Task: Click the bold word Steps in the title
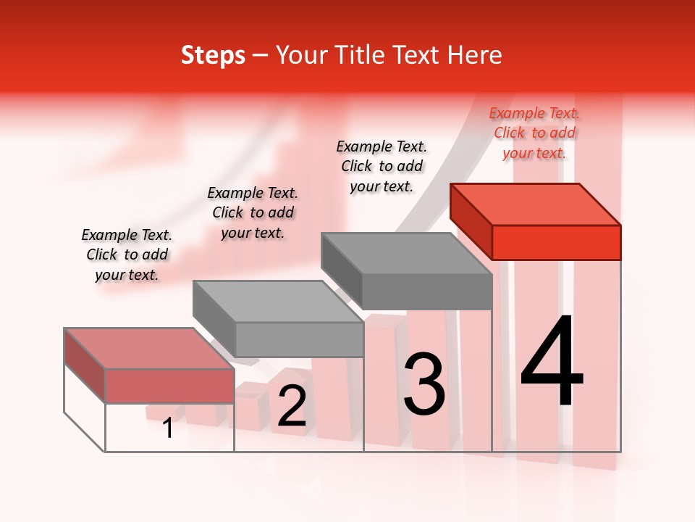(x=213, y=55)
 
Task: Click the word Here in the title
(x=476, y=55)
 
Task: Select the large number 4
(x=552, y=362)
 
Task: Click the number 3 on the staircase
(x=424, y=384)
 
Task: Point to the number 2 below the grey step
(x=292, y=407)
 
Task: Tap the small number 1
(x=168, y=428)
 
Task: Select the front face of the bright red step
(x=556, y=242)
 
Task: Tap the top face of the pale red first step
(x=149, y=348)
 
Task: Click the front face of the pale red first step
(x=169, y=386)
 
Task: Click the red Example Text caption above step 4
(x=534, y=133)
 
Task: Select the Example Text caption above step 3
(x=382, y=166)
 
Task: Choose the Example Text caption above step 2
(x=253, y=212)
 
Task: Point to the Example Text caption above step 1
(x=127, y=254)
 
